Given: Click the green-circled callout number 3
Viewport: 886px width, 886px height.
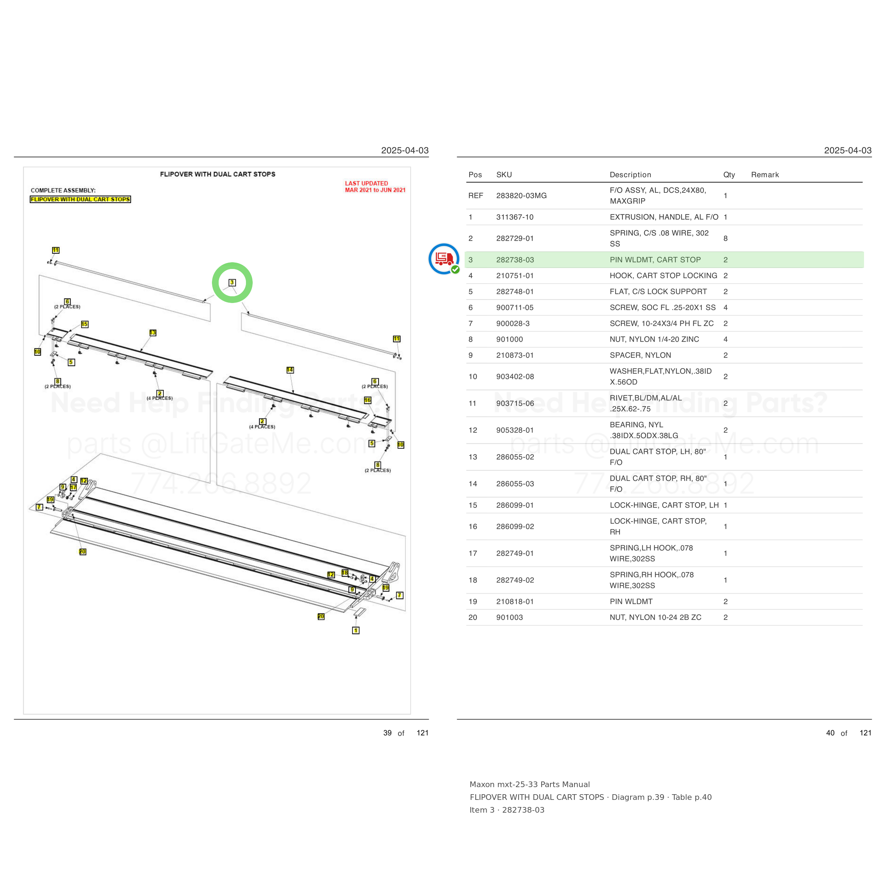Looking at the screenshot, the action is (232, 282).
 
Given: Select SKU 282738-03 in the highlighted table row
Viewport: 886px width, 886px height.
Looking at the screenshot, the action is (515, 259).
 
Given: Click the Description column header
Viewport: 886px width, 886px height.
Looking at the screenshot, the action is (630, 175).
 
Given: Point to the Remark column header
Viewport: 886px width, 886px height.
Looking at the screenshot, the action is (765, 175).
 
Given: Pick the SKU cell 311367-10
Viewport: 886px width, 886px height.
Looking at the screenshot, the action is (515, 217).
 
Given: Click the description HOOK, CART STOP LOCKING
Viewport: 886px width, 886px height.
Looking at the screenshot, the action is (663, 276).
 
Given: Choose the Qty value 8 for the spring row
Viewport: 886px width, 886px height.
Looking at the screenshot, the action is (725, 239).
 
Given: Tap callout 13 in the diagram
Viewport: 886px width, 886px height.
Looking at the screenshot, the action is (153, 332).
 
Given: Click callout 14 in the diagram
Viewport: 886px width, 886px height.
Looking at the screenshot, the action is (290, 370).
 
